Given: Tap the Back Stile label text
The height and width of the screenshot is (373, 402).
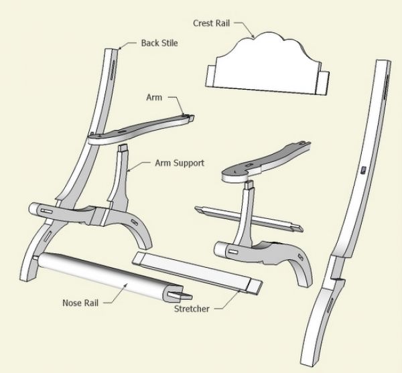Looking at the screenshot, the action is [159, 44].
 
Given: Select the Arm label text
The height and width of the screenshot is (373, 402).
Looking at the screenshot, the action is [154, 98].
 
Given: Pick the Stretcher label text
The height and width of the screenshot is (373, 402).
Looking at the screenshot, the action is [193, 309].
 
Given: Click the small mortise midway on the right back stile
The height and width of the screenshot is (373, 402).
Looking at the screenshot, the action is [362, 171].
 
